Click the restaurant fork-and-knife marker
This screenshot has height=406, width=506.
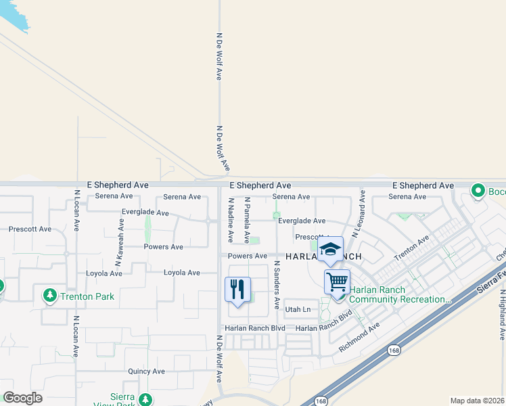coord(237,290)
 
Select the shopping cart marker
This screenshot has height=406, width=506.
coord(337,280)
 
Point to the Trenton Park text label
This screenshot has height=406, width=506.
coord(86,296)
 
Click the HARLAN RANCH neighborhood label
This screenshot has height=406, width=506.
coord(323,257)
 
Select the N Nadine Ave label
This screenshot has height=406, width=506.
coord(231,221)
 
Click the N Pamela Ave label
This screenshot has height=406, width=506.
coord(248,221)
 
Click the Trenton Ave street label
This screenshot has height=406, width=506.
coord(412,249)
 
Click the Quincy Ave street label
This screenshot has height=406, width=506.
coord(147,371)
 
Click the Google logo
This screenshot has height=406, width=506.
coord(23,398)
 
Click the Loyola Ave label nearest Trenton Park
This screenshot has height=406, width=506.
coord(103,273)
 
